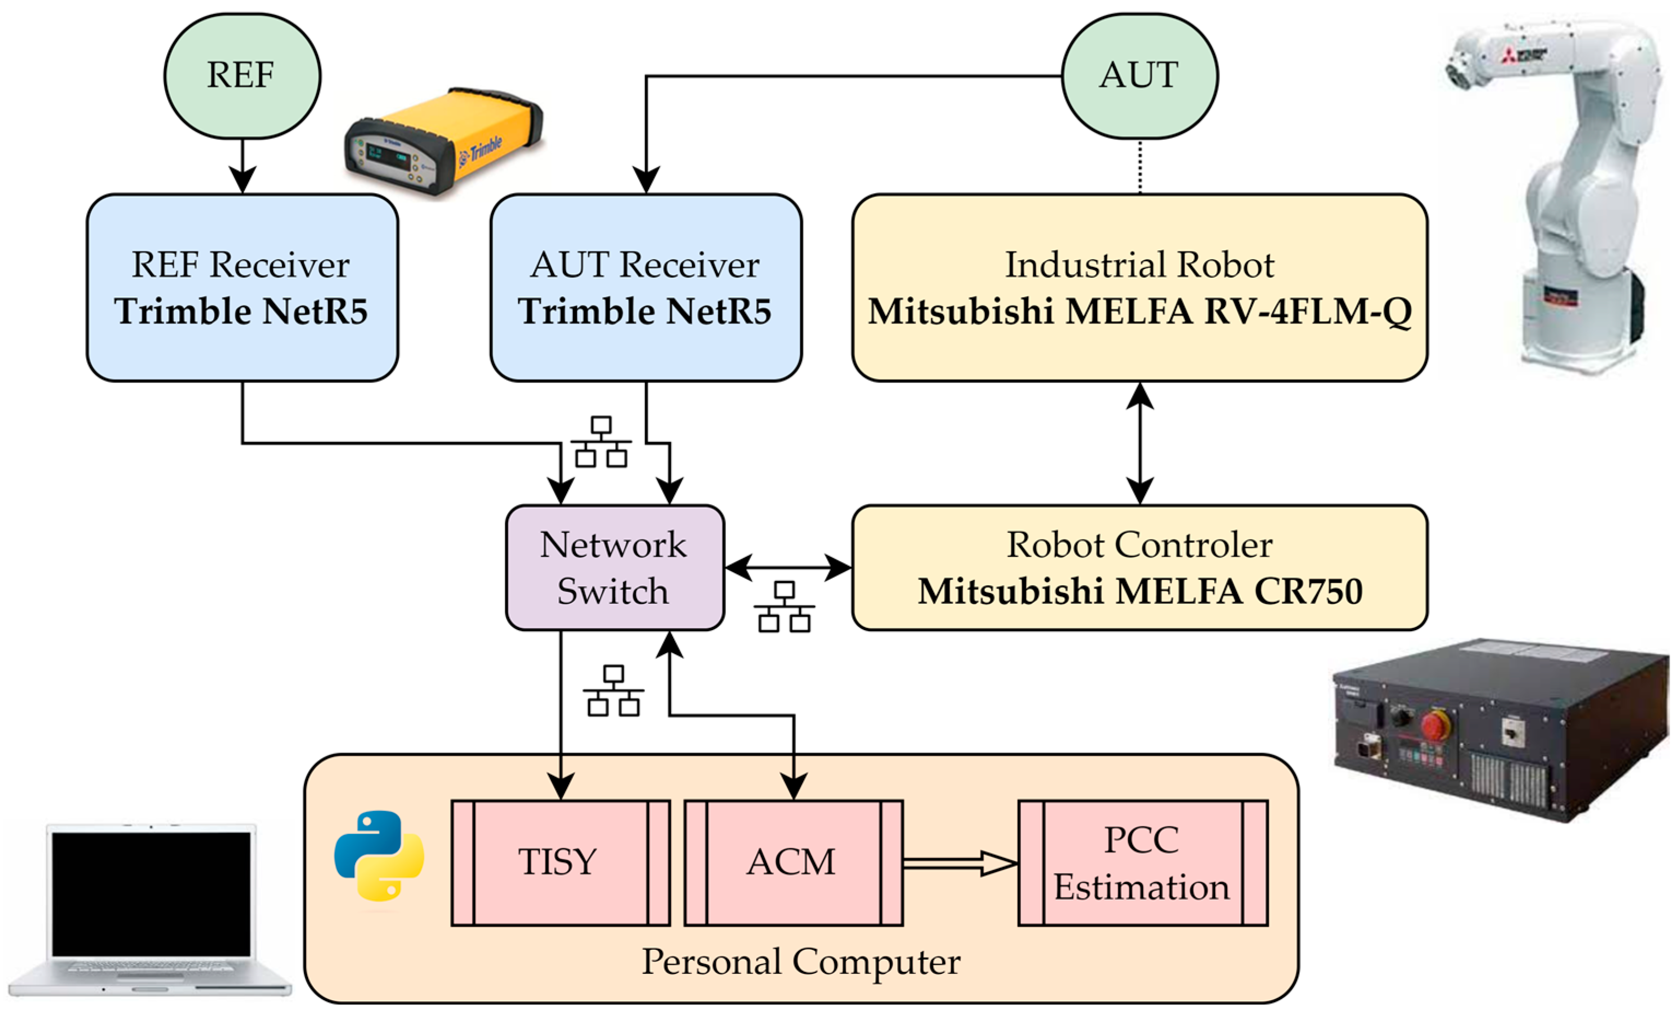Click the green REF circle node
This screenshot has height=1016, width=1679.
(x=242, y=77)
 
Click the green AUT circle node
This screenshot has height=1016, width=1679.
(x=1139, y=77)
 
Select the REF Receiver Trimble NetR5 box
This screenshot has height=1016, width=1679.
(x=242, y=287)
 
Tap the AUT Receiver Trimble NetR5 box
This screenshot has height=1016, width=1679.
(x=645, y=287)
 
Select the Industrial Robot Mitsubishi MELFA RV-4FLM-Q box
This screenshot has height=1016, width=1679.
(x=1139, y=287)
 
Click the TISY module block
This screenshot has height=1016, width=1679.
(x=560, y=862)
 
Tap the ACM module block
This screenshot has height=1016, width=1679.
(x=793, y=862)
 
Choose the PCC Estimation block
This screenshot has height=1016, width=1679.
(x=1142, y=862)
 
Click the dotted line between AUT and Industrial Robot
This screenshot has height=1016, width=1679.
(x=1140, y=167)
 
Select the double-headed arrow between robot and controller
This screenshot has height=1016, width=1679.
(x=1140, y=443)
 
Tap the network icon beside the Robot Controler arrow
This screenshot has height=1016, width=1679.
(x=784, y=607)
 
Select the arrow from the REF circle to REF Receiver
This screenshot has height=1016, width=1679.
(x=243, y=167)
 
